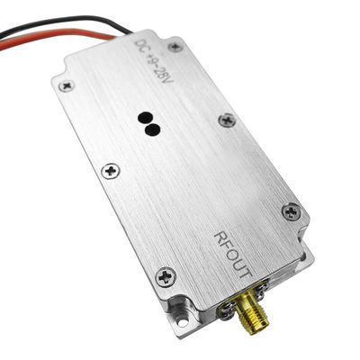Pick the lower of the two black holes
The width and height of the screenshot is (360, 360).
[x=153, y=130]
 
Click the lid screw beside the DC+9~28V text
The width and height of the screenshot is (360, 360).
[x=175, y=46]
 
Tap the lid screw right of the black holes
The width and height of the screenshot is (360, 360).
[x=226, y=120]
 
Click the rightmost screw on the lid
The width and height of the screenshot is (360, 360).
[x=290, y=211]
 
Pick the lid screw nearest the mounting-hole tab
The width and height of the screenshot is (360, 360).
[x=165, y=275]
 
